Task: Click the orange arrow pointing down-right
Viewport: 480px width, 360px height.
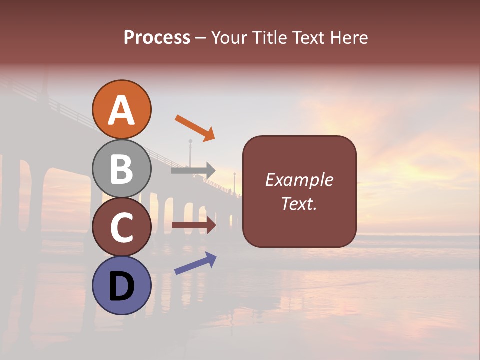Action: [195, 128]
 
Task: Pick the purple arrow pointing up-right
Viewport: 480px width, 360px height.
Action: [195, 263]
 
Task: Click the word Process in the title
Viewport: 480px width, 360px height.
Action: [157, 37]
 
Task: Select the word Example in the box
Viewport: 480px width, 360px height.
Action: [299, 180]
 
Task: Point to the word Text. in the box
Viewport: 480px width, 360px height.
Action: [299, 203]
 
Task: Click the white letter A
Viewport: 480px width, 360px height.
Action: [122, 110]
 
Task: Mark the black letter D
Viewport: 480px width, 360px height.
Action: [122, 286]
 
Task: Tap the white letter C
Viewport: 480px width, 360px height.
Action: [122, 227]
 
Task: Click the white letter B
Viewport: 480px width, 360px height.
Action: [122, 168]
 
